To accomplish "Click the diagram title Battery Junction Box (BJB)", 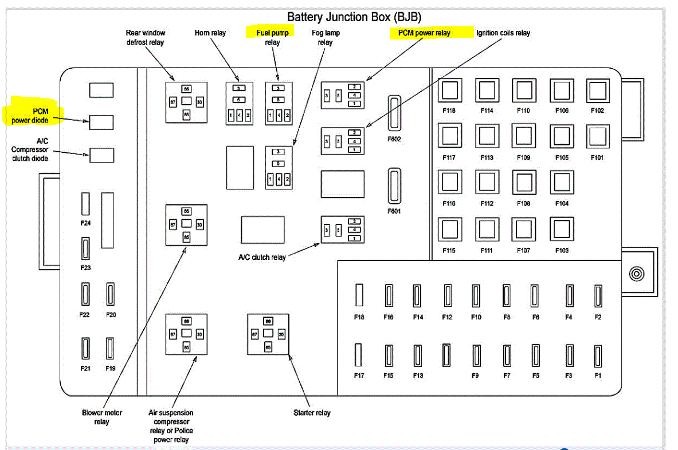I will tap(354, 17).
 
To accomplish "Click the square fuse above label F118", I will tap(449, 90).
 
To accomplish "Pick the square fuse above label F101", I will tap(597, 137).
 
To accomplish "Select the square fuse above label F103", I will tap(562, 228).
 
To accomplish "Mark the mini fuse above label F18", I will tap(359, 295).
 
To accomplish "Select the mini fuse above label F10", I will tap(476, 295).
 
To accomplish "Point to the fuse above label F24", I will tap(85, 204).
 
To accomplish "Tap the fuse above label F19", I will tap(111, 348).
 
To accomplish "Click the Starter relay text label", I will tap(312, 413).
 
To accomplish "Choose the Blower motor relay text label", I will tap(102, 417).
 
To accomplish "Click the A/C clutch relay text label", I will tap(262, 257).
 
